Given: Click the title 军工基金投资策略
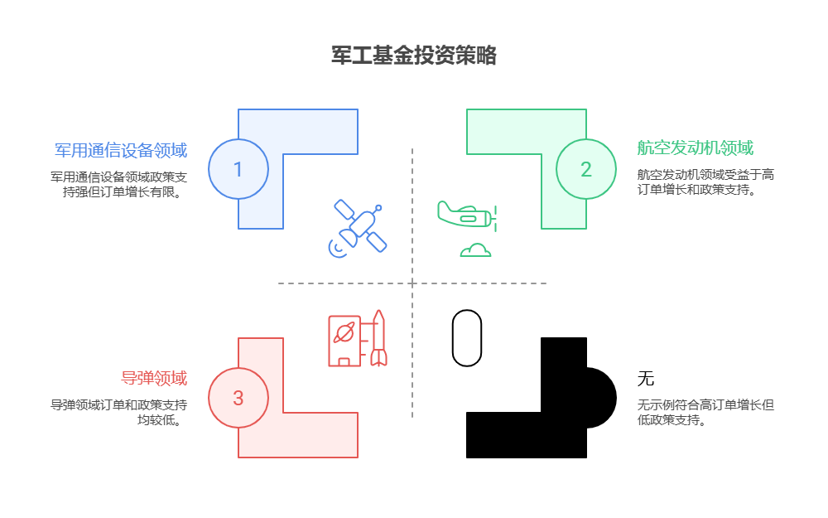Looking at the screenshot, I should tap(413, 56).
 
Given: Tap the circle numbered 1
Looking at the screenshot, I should tap(238, 169).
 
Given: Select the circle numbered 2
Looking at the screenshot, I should tap(585, 169).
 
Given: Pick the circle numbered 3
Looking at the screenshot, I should tap(238, 398).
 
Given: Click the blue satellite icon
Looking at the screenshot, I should tap(361, 225).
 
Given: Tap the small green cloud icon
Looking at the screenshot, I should tap(475, 249).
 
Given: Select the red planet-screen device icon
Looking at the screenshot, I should tap(343, 340).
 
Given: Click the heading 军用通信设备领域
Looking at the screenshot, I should tap(121, 150).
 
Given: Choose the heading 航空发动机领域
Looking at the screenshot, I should tap(695, 148).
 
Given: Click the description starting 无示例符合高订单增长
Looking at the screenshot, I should tap(705, 412).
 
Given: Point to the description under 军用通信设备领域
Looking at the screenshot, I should tap(118, 184).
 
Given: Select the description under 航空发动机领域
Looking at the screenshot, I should tap(705, 182).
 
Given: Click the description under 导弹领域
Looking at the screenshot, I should tap(118, 412).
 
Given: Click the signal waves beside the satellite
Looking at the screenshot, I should tap(336, 249).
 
